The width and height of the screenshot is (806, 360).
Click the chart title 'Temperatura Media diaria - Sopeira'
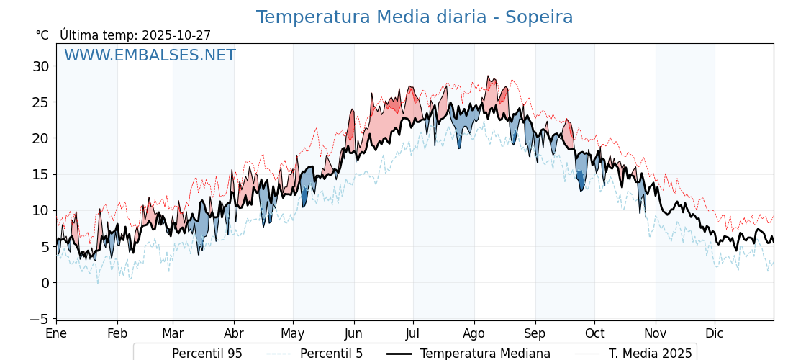pos(415,17)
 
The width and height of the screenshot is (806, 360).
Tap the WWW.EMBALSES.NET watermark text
pos(150,55)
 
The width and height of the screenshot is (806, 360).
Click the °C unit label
pos(42,35)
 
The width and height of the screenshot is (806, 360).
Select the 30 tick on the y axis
pos(40,66)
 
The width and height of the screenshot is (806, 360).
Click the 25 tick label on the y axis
pos(40,102)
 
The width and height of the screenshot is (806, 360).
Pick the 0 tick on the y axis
pos(45,283)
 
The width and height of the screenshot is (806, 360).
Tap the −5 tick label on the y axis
pos(39,319)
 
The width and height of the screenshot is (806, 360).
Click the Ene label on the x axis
pos(56,334)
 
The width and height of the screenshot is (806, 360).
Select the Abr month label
pos(234,334)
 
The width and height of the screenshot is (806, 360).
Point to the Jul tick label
pos(413,334)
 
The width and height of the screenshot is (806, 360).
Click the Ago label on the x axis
pos(474,334)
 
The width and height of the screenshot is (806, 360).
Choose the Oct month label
pos(594,334)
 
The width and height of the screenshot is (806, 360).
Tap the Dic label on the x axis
pos(715,334)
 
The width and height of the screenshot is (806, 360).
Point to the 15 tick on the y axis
pos(40,174)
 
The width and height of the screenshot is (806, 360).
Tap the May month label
pos(293,334)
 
